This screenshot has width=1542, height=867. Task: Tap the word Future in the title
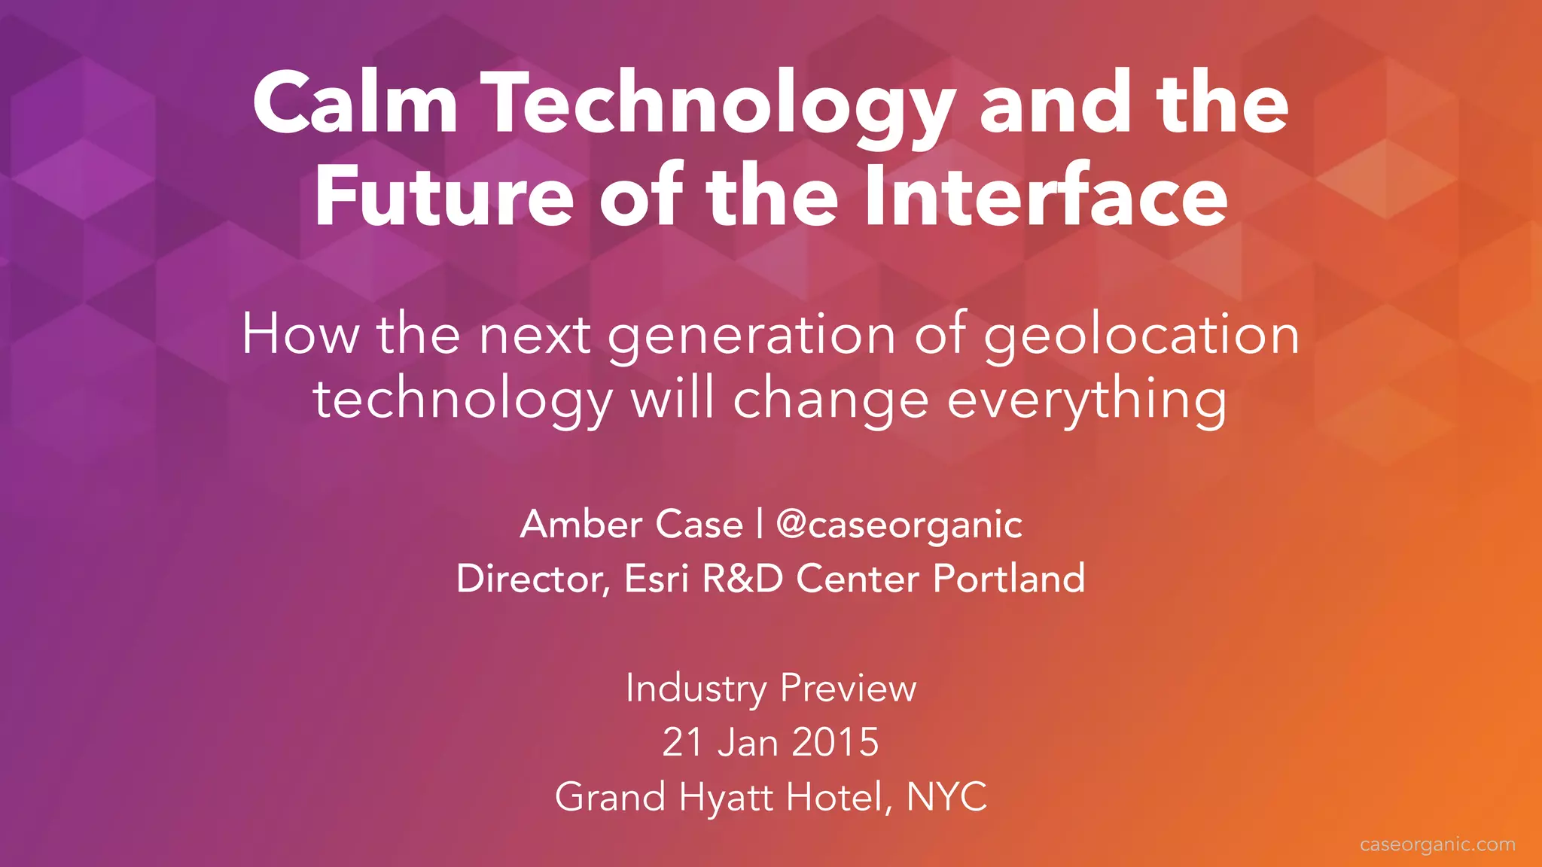coord(445,196)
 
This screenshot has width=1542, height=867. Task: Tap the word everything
coord(1086,401)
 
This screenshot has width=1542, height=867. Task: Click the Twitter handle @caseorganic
coord(899,525)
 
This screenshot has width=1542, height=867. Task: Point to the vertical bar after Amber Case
coord(760,524)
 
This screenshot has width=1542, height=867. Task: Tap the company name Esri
coord(656,579)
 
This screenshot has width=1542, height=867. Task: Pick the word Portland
coord(1009,579)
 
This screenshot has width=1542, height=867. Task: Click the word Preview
coord(848,689)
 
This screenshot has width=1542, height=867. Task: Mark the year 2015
coord(835,742)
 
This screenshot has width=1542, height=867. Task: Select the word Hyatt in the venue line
coord(725,797)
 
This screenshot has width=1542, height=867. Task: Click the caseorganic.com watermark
coord(1437,844)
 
